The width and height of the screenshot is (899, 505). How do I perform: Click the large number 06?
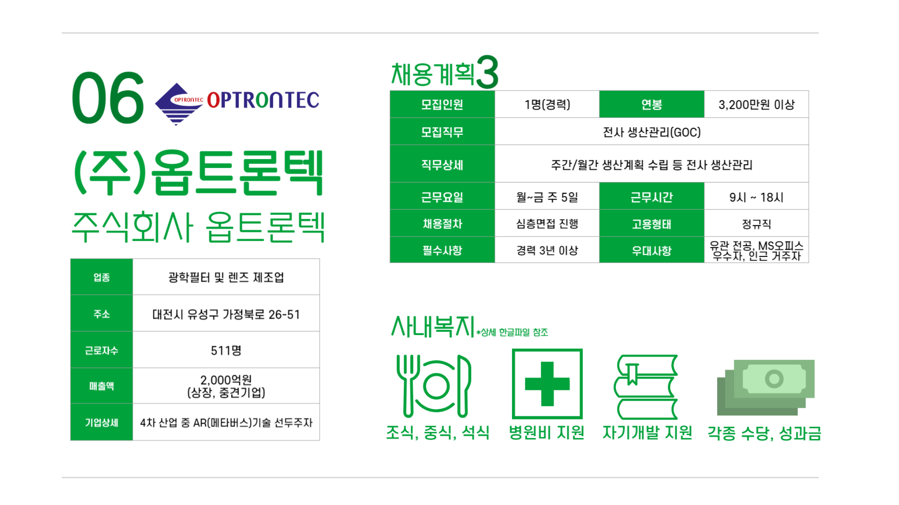coord(108,98)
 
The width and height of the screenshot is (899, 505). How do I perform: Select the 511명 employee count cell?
coord(226,350)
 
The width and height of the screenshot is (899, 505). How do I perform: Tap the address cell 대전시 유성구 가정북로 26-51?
coord(226,314)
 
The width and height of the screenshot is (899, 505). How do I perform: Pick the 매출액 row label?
coord(102,386)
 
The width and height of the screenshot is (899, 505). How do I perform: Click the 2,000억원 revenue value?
coord(226,379)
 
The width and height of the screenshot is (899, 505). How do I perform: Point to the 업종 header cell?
coord(102,277)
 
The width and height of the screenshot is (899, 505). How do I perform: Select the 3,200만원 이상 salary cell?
coord(756,104)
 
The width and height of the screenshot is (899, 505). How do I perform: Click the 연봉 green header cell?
coord(652,104)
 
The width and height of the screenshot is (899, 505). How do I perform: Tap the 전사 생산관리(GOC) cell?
coord(652,132)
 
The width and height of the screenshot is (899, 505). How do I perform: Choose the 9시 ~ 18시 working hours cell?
coord(756,197)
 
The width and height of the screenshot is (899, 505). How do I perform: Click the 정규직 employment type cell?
coord(756,224)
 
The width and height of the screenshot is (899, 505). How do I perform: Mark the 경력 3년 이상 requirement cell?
coord(547,250)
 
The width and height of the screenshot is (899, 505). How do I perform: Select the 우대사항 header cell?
coord(652,250)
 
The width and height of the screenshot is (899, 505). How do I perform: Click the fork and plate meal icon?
coord(434,386)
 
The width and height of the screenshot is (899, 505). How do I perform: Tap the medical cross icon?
coord(547,384)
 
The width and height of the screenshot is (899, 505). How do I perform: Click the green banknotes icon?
coord(765,387)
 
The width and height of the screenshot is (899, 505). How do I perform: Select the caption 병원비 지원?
coord(546,433)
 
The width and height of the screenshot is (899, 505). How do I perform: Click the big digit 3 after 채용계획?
coord(487,72)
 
